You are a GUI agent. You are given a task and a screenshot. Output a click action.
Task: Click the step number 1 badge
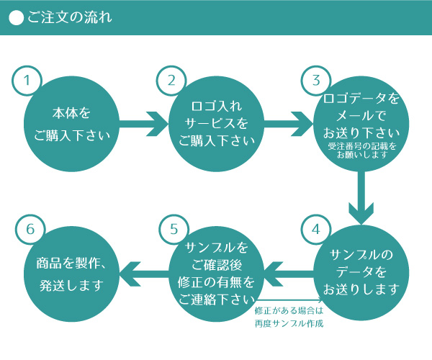[x=27, y=80]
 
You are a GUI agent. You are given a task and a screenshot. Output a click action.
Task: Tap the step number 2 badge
[x=171, y=80]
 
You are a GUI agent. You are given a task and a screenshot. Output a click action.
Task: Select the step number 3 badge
[x=315, y=80]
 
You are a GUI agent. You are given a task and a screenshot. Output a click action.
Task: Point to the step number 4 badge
[x=315, y=229]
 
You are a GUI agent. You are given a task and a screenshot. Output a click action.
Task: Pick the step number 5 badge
[x=174, y=229]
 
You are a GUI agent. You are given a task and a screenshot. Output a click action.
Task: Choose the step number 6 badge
[x=30, y=229]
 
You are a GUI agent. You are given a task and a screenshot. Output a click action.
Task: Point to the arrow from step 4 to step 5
[x=288, y=272]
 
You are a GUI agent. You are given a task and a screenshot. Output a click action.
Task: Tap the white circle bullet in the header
[x=17, y=18]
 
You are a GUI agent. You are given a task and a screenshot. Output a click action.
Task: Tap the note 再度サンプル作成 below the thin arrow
[x=289, y=323]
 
